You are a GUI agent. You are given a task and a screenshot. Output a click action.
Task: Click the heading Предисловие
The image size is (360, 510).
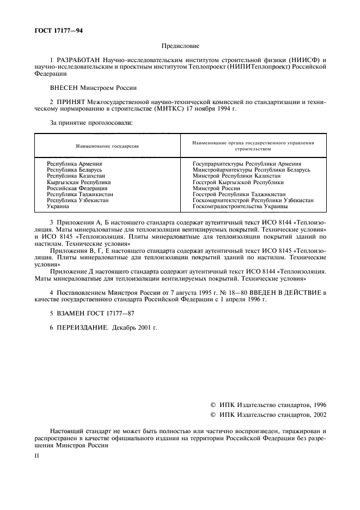pyautogui.click(x=180, y=46)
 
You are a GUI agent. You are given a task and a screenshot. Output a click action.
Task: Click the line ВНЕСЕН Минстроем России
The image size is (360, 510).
pyautogui.click(x=93, y=87)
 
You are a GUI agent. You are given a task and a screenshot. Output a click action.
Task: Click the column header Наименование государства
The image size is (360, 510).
pyautogui.click(x=107, y=146)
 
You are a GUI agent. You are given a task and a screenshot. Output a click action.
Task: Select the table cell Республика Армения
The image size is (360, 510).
pyautogui.click(x=75, y=163)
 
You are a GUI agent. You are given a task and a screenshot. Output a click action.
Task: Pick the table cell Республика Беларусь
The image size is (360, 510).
pyautogui.click(x=75, y=169)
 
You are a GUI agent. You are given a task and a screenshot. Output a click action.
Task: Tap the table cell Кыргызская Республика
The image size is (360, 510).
pyautogui.click(x=78, y=182)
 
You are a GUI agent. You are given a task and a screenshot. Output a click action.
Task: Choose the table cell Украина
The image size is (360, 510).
pyautogui.click(x=58, y=207)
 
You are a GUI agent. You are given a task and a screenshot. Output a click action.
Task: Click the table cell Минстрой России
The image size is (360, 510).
pyautogui.click(x=217, y=188)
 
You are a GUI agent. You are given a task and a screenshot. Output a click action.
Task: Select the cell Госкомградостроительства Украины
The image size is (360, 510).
pyautogui.click(x=240, y=207)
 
